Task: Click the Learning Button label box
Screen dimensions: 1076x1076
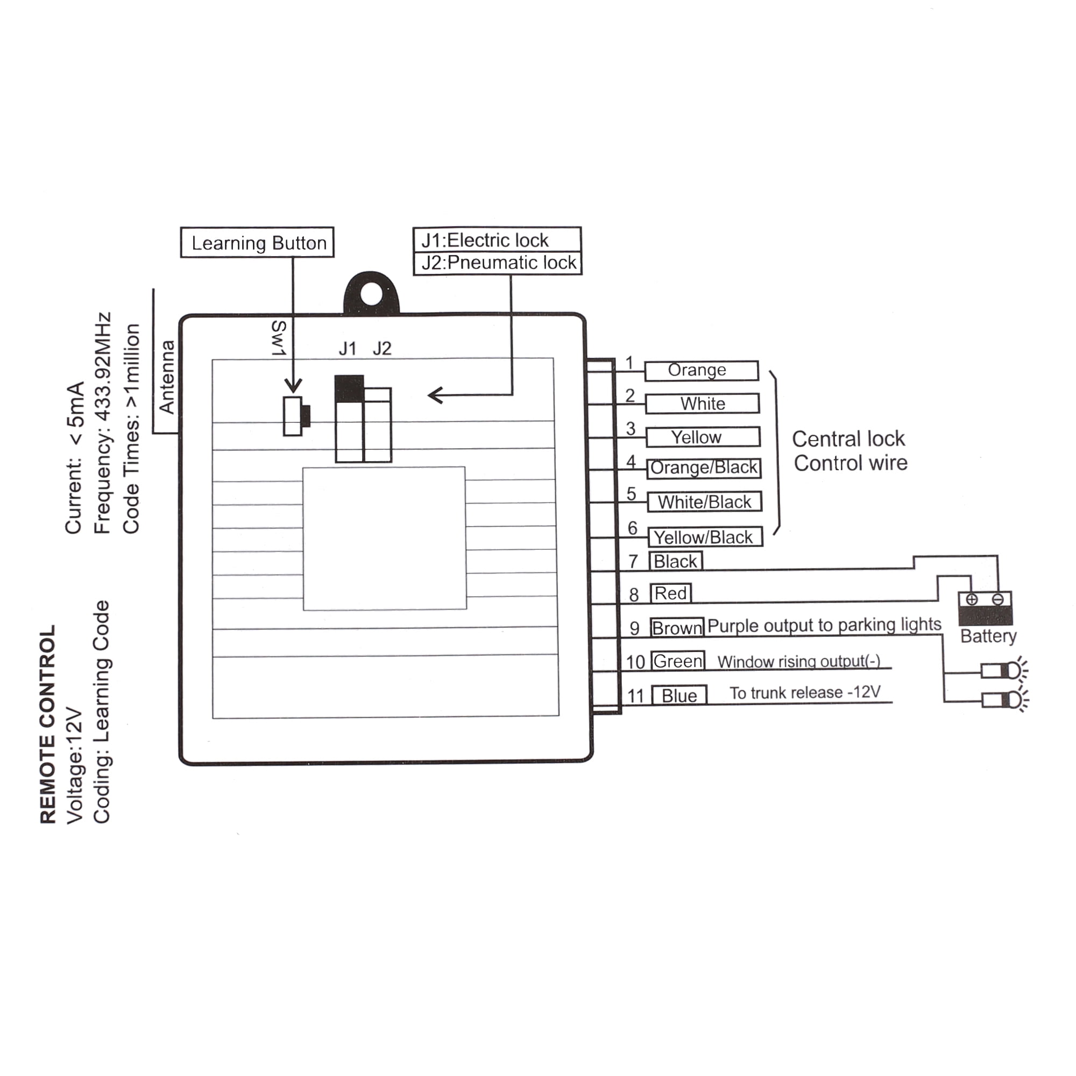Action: pos(257,242)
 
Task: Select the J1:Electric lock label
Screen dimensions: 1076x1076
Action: pos(497,240)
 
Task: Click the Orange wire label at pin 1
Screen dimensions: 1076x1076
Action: pos(701,370)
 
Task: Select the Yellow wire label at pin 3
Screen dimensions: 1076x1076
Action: pos(703,437)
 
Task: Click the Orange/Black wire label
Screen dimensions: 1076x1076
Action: pos(704,468)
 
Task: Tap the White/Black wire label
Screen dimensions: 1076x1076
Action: pos(705,502)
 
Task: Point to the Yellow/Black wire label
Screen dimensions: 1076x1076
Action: pos(705,537)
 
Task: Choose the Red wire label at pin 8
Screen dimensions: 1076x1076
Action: pos(670,593)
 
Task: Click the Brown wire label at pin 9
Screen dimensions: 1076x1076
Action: pos(677,628)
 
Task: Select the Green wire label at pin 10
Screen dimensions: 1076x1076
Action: pos(677,661)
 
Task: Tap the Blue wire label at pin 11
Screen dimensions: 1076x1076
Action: pos(679,696)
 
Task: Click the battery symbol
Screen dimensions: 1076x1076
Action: pos(985,608)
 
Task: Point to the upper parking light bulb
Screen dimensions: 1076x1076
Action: pos(1003,670)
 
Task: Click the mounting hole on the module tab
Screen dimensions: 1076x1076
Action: pos(371,294)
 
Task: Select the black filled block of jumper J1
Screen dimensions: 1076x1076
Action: pos(349,388)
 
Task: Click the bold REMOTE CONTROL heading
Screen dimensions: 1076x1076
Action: pos(48,724)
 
